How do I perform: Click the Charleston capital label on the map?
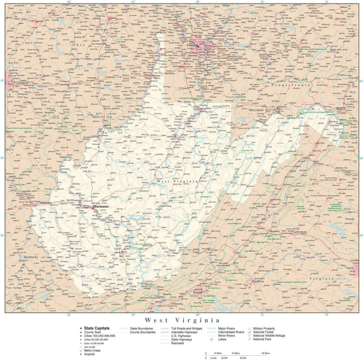point(101,206)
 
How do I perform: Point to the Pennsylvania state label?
point(291,86)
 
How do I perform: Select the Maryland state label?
point(260,109)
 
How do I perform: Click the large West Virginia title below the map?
point(181,319)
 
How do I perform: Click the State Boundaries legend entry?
point(142,328)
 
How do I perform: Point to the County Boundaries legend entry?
point(143,331)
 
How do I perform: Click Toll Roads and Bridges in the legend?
point(186,328)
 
